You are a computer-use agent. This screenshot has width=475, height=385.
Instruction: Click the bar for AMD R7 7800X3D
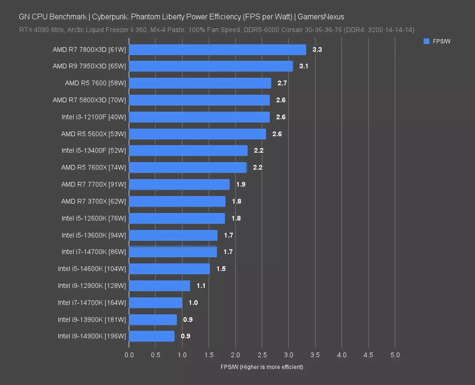217,50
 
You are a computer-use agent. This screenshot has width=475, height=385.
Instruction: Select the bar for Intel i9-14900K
152,336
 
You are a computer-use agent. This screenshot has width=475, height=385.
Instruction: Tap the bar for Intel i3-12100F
199,117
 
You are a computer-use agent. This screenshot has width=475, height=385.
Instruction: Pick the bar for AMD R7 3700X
177,201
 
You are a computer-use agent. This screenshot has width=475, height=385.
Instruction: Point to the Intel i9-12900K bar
159,286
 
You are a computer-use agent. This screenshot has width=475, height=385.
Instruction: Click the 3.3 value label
317,50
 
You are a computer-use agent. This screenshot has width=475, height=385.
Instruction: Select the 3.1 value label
304,66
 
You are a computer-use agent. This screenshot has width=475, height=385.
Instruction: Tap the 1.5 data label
221,269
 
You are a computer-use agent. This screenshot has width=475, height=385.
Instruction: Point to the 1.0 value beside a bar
193,303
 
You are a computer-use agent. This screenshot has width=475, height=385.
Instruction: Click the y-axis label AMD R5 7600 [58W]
96,83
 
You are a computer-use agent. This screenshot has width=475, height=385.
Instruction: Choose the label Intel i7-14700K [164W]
92,303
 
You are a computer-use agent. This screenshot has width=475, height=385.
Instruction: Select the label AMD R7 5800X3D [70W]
90,100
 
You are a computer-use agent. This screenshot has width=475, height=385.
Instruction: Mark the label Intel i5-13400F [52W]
94,151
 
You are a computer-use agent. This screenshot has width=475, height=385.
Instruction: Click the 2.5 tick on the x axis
262,355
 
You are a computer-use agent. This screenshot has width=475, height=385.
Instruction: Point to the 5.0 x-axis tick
395,355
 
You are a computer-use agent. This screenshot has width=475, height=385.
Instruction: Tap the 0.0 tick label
129,355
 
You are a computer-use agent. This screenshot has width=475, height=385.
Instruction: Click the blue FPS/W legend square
426,41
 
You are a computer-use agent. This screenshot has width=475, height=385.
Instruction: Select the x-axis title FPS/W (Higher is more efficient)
262,367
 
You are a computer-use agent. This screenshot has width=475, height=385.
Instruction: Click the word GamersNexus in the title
321,17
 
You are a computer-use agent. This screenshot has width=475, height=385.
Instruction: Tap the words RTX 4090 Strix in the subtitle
39,30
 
